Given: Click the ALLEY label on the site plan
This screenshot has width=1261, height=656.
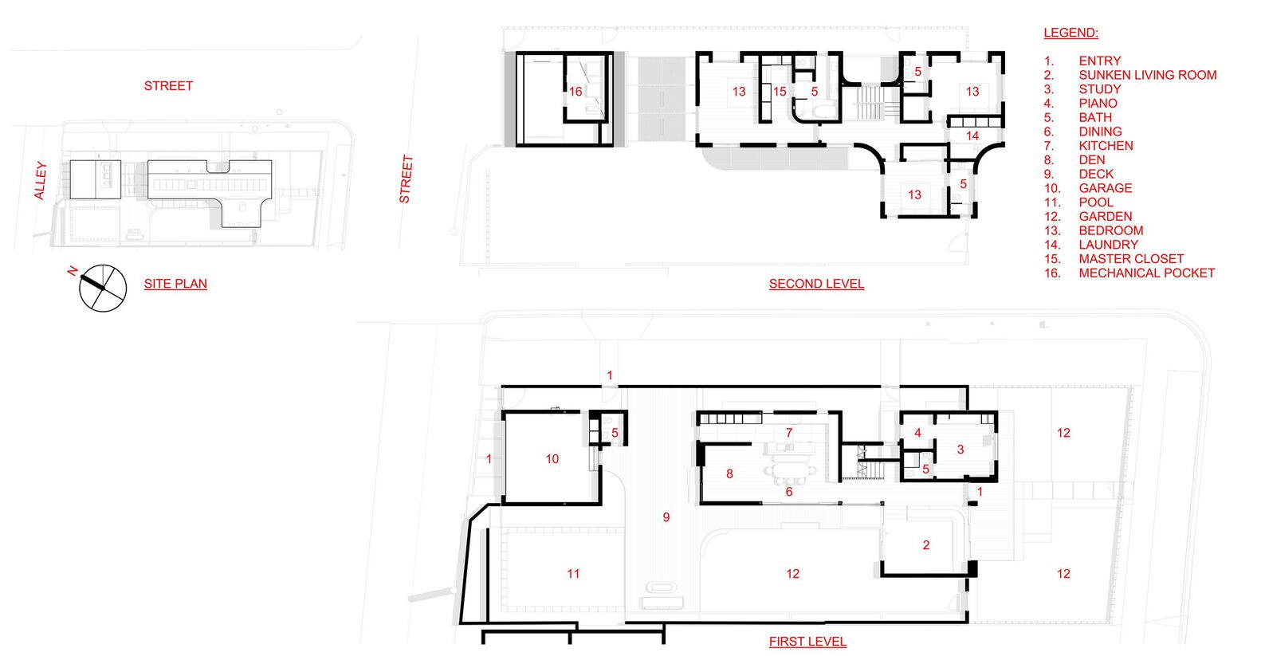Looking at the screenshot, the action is (40, 181).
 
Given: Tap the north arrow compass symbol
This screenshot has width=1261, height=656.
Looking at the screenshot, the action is (102, 287).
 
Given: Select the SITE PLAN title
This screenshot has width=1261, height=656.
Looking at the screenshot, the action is (175, 284).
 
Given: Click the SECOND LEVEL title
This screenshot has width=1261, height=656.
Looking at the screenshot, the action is (816, 284).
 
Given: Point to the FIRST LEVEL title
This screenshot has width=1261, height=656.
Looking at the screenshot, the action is (807, 642).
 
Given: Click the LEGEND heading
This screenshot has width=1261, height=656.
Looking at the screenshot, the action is (1070, 33).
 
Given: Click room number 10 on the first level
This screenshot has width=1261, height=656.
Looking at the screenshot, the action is (552, 459).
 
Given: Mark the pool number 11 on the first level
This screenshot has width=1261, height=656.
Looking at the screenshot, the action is (573, 574).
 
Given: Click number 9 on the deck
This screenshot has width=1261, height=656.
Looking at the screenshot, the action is (666, 517).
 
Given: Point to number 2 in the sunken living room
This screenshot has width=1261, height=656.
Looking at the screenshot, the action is (926, 545).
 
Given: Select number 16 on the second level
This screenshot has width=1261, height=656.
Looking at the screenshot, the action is (576, 91).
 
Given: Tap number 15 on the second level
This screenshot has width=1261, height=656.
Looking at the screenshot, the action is (779, 91).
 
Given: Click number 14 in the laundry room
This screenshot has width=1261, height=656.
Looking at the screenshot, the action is (972, 136).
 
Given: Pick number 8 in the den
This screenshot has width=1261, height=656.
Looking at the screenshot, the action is (729, 474).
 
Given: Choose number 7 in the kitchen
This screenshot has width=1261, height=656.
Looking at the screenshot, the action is (789, 433).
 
